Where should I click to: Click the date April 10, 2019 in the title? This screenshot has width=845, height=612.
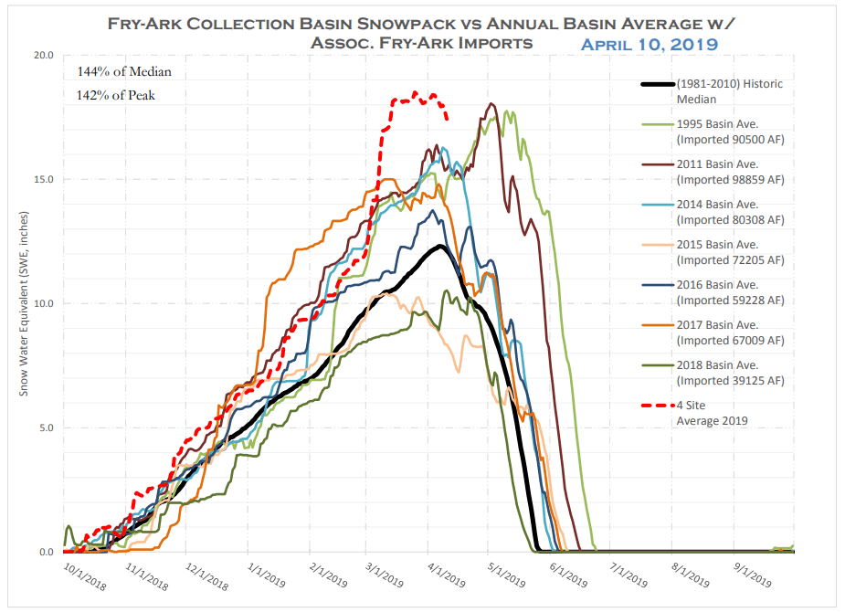coord(649,43)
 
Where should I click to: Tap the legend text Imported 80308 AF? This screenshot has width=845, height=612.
coord(730,220)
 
